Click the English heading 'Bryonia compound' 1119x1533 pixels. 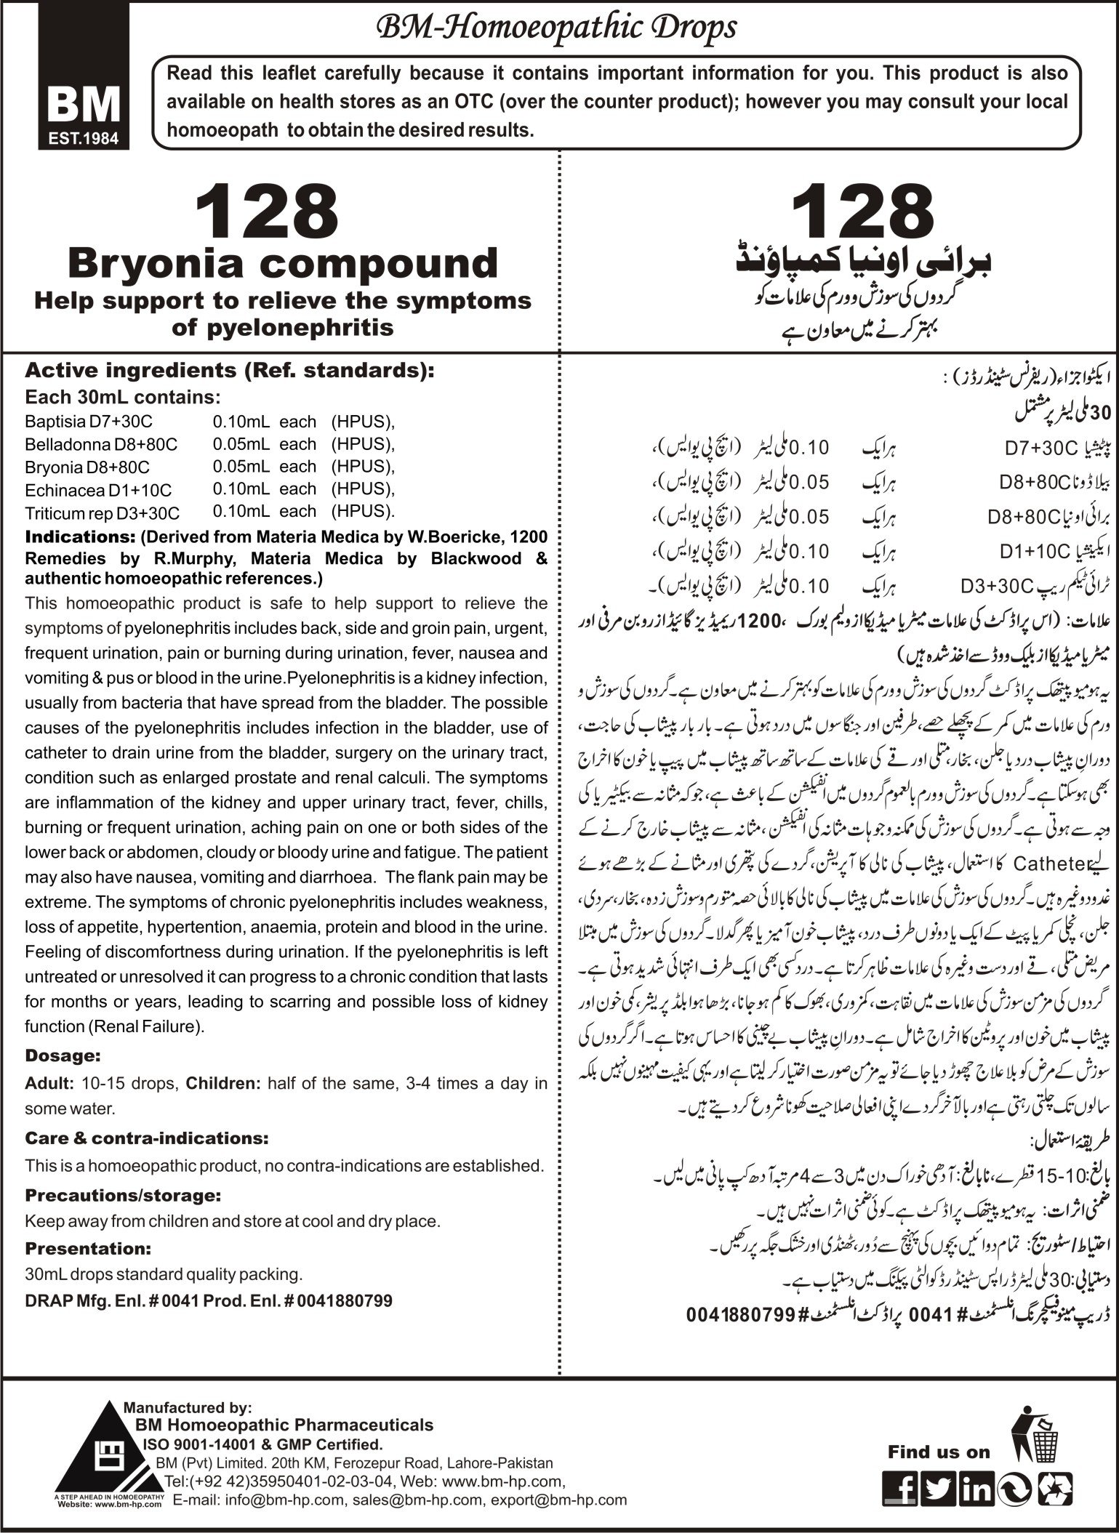point(283,263)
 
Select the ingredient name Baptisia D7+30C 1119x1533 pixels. point(88,422)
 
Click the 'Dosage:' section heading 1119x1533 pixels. point(63,1055)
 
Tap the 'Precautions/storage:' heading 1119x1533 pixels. point(123,1195)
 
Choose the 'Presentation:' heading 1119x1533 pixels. point(88,1249)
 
